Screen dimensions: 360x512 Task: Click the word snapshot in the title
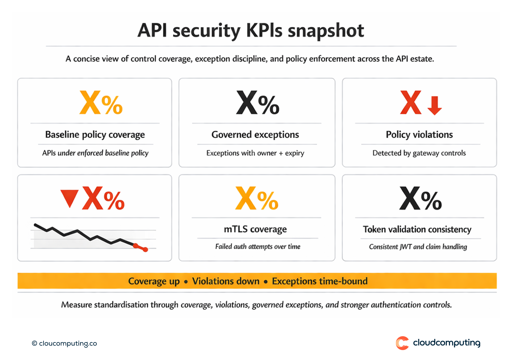(x=326, y=31)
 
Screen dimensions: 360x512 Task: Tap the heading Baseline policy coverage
(x=95, y=135)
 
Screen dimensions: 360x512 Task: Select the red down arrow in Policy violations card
(x=435, y=105)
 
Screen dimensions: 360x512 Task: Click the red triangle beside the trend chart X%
(x=70, y=198)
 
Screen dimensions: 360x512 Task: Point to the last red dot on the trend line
(x=145, y=250)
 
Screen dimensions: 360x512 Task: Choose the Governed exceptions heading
(x=255, y=135)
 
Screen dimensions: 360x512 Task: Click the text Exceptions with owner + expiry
(x=255, y=153)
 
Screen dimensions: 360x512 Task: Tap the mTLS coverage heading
(x=255, y=229)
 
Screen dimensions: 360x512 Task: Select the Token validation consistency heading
(x=417, y=229)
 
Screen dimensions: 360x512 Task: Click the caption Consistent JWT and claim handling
(x=418, y=247)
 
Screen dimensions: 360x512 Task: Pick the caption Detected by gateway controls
(x=419, y=153)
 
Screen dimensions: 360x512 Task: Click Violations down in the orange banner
(x=226, y=281)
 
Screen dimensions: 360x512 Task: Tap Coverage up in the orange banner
(x=154, y=281)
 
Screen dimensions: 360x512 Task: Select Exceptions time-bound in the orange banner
(x=319, y=281)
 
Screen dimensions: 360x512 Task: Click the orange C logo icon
(x=402, y=343)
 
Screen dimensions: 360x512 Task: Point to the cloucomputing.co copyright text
(x=65, y=344)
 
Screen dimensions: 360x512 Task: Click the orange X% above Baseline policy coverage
(x=101, y=103)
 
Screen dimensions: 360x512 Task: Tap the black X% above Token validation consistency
(x=420, y=199)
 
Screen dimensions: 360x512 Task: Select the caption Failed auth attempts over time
(x=257, y=246)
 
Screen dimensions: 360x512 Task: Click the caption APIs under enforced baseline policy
(x=95, y=153)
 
